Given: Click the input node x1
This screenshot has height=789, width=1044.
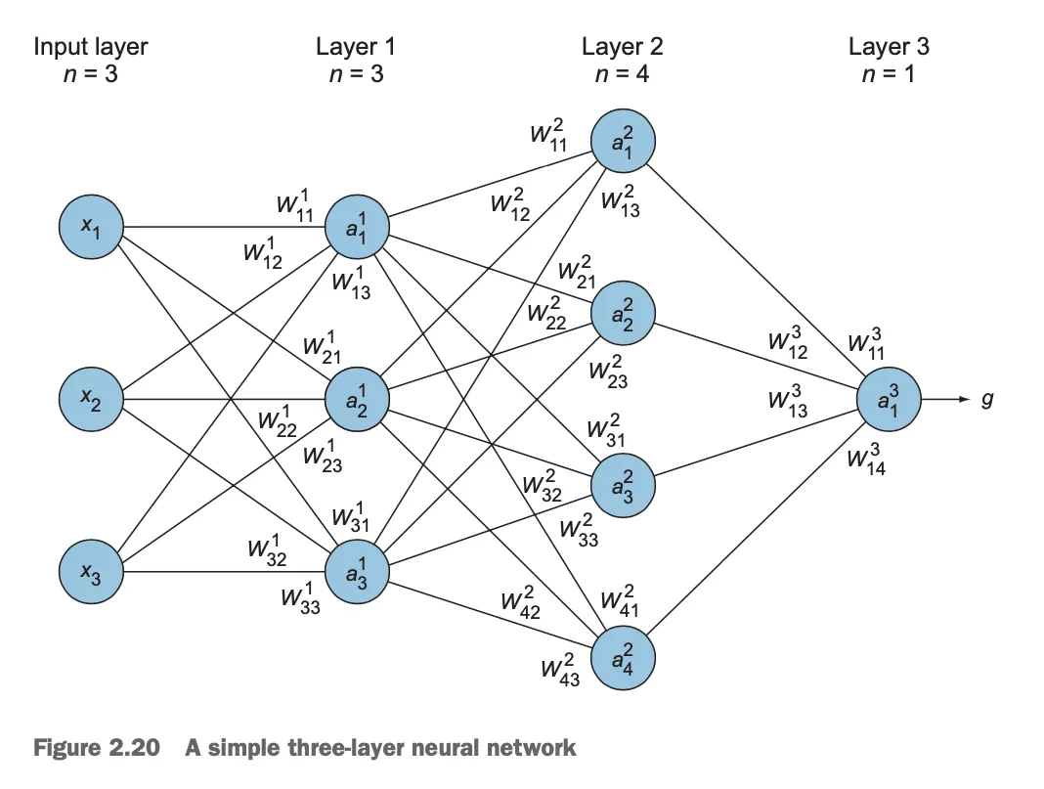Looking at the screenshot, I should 90,227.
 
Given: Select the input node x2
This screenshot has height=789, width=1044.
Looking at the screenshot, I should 90,399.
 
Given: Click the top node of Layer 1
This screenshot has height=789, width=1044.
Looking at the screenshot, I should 356,227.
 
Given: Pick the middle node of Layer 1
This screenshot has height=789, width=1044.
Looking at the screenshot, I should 356,399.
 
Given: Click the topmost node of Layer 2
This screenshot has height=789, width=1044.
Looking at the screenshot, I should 623,142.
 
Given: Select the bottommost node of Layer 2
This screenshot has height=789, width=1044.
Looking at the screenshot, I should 623,656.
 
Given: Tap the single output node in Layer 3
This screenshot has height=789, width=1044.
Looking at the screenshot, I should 889,399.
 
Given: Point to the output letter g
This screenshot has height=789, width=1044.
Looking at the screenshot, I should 986,399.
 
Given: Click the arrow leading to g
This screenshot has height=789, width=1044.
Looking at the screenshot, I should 946,399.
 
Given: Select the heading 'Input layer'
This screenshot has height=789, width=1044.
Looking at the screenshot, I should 90,46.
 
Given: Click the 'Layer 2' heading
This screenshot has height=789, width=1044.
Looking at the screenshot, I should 622,46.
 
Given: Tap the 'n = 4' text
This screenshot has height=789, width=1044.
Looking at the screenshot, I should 622,73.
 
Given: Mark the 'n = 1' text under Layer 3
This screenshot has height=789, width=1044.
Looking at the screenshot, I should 889,73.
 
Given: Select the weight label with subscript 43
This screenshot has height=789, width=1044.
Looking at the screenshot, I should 561,671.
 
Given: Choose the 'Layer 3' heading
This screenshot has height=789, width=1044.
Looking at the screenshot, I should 889,46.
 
